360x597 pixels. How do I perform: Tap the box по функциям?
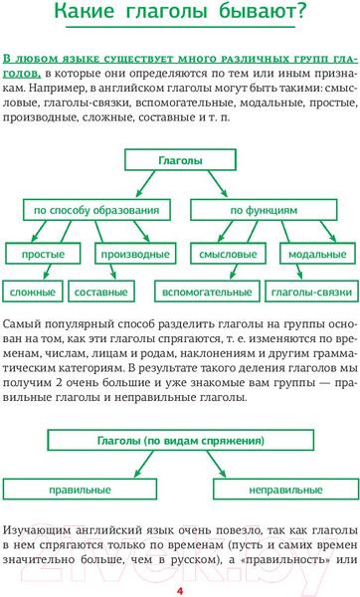(264, 211)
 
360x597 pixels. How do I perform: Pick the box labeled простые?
(43, 255)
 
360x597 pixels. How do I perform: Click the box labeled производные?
(134, 255)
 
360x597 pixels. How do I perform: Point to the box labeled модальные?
(310, 255)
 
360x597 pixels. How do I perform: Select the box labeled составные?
(101, 293)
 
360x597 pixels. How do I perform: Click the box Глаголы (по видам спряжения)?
(180, 440)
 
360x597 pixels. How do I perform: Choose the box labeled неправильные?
(283, 491)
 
